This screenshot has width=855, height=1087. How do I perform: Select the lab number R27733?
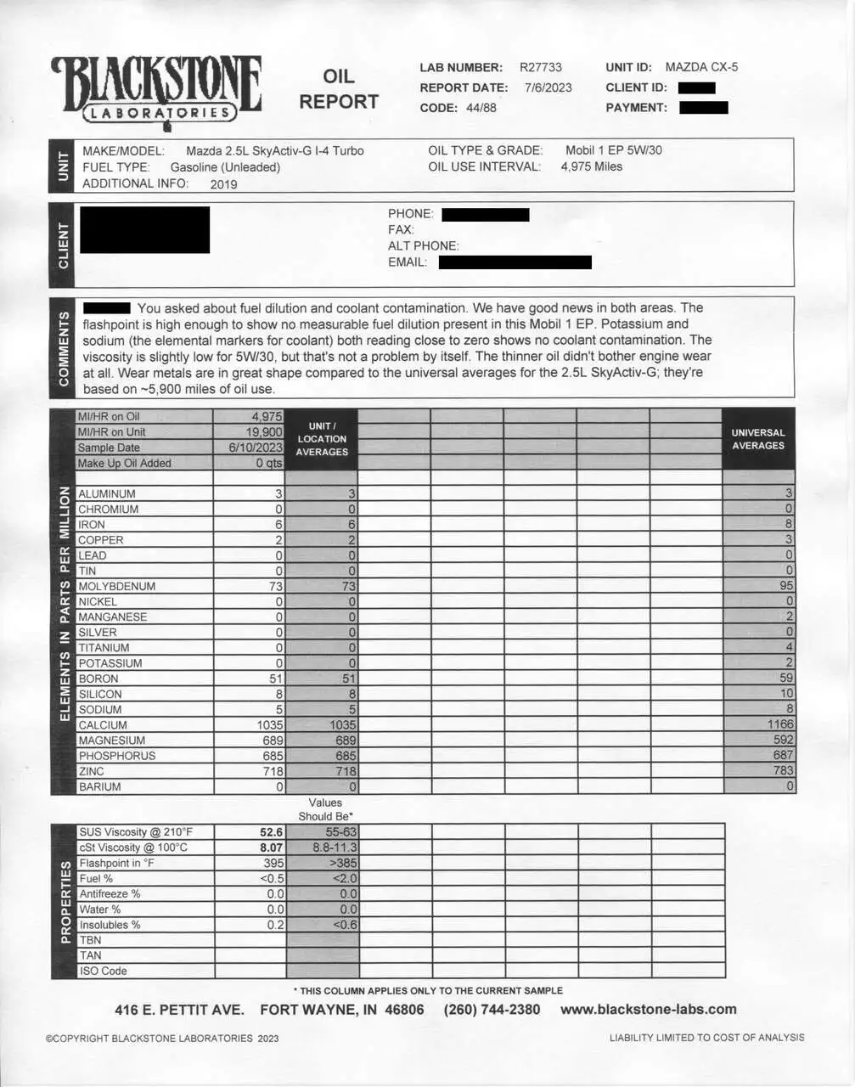tap(540, 67)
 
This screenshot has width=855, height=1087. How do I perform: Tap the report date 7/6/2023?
tap(548, 87)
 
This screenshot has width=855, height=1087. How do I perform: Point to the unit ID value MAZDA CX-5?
tap(701, 67)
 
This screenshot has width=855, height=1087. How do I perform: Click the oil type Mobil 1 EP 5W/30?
tap(614, 150)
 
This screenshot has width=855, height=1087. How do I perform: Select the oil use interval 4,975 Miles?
tap(591, 166)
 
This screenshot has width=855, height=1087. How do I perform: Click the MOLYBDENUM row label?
tap(116, 586)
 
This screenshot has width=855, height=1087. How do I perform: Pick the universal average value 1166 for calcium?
tap(779, 724)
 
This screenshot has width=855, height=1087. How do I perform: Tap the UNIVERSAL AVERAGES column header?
tap(758, 439)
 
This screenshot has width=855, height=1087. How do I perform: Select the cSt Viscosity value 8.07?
tap(271, 848)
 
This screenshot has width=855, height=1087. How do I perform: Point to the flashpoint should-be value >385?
tap(340, 863)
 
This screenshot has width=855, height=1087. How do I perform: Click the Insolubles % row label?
tap(110, 925)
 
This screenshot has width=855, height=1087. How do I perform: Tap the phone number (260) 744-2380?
tap(492, 1010)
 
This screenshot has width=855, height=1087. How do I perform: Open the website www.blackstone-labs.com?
tap(649, 1010)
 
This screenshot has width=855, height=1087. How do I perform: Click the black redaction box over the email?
tap(515, 262)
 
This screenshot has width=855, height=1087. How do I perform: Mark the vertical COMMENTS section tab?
tap(64, 348)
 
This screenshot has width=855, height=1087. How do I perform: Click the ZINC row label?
tap(91, 771)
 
